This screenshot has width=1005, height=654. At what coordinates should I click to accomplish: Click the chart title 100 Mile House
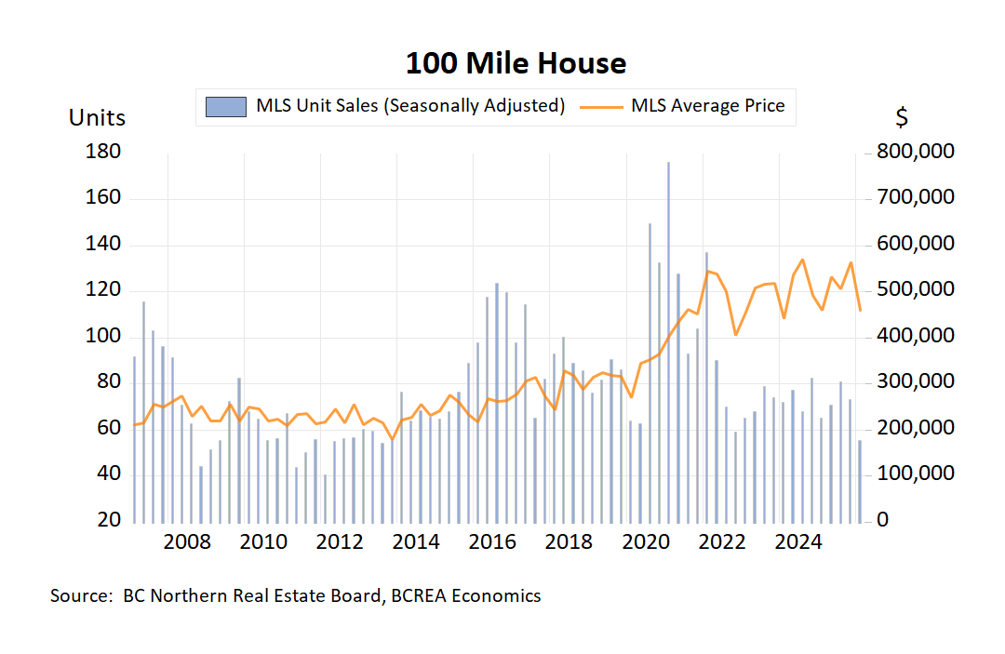click(516, 63)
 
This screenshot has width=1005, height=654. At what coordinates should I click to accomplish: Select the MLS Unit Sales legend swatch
click(226, 106)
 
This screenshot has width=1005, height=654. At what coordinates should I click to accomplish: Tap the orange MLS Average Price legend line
click(601, 106)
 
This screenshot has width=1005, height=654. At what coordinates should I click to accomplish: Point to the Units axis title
click(97, 118)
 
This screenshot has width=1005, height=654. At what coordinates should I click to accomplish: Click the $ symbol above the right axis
click(902, 118)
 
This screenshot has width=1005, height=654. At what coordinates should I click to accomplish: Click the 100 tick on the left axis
click(104, 336)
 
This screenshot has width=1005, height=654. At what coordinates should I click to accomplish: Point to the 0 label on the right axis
click(883, 520)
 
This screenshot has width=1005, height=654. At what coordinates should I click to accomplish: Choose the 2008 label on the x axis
click(186, 542)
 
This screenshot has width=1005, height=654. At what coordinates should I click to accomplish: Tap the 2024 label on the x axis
click(797, 542)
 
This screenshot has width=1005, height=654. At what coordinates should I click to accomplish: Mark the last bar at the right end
click(860, 480)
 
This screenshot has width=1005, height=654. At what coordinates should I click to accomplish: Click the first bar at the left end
click(134, 438)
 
